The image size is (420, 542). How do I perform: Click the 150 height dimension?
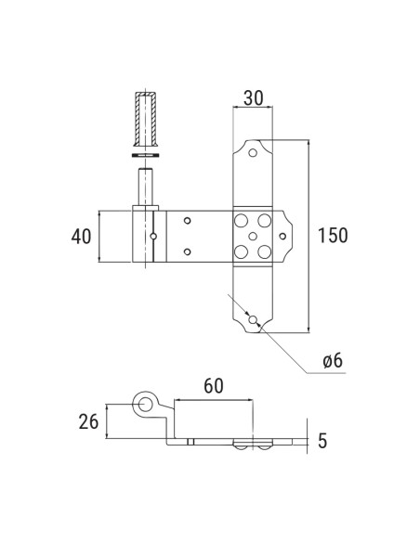pos(333,235)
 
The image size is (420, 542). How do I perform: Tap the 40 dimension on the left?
pos(81,237)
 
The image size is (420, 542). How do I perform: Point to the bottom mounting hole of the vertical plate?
pos(252,319)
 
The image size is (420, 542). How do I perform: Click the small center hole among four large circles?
pos(252,236)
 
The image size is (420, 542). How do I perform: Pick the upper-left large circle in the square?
pos(241,221)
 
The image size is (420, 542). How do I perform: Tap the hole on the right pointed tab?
pos(284,236)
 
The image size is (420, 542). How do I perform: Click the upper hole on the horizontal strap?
pos(188,221)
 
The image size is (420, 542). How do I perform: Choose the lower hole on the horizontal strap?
pos(188,252)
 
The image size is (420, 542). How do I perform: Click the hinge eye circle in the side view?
pos(144,404)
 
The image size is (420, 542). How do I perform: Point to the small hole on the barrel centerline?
pos(153,236)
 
